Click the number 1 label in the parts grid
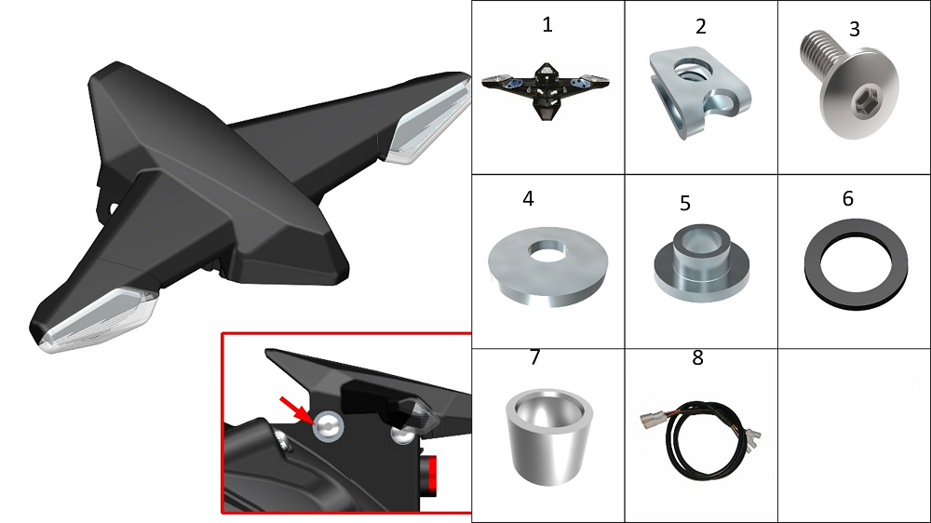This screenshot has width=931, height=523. (x=547, y=25)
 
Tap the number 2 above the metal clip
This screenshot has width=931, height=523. (x=701, y=27)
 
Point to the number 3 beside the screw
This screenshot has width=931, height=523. (x=855, y=29)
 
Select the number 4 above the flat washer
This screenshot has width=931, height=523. (x=528, y=198)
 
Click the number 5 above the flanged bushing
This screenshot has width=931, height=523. (x=685, y=204)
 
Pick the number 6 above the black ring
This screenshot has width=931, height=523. (x=848, y=198)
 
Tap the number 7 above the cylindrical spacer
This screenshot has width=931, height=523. (x=534, y=356)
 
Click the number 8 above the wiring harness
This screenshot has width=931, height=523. (x=697, y=357)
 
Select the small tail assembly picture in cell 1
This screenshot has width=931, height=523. (x=545, y=90)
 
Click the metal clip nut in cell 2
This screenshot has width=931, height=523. (x=698, y=92)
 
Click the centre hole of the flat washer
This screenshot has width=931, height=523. (x=546, y=255)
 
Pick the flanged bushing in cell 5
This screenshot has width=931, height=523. (x=701, y=263)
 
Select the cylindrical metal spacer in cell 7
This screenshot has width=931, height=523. (x=549, y=436)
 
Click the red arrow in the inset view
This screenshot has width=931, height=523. (x=295, y=410)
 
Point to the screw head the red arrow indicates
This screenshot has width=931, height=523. (x=329, y=425)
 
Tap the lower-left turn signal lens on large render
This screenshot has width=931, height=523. (x=98, y=319)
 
